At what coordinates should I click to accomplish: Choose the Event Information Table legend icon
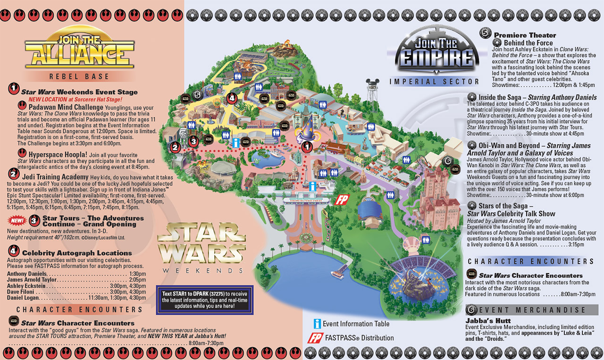coord(318,324)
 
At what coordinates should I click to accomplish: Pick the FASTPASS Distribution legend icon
coord(314,338)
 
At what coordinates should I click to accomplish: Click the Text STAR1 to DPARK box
coord(205,300)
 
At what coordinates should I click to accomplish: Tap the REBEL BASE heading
coord(79,76)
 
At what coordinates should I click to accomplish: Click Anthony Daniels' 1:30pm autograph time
coord(137,274)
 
